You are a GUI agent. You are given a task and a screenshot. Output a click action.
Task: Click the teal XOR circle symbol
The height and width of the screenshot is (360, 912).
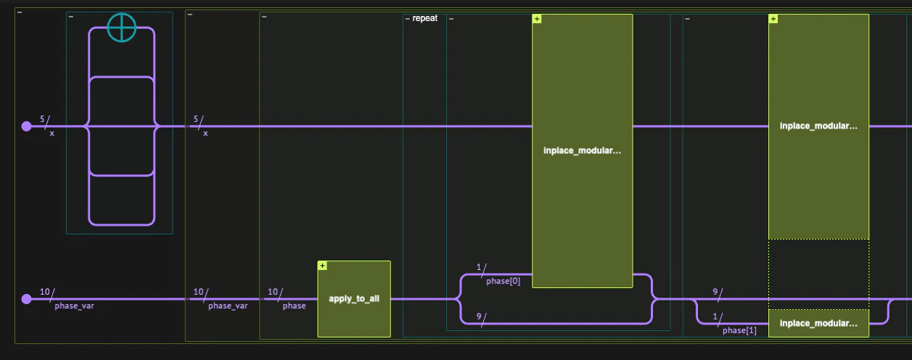tap(122, 28)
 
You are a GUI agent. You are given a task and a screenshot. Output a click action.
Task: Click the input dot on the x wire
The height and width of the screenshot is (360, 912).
tap(27, 126)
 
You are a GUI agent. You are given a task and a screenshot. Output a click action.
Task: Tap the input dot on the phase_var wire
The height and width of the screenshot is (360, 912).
tap(27, 299)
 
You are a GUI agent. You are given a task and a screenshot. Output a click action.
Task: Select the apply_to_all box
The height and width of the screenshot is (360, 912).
tap(354, 299)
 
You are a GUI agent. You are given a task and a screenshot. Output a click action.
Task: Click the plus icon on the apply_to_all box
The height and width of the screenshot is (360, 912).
tap(322, 266)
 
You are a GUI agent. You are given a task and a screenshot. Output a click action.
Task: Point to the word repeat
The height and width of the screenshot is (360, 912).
tap(425, 18)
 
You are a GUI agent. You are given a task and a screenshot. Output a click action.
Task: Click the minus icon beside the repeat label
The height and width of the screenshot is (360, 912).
tap(407, 18)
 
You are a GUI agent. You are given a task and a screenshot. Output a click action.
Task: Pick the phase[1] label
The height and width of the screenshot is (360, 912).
tap(739, 331)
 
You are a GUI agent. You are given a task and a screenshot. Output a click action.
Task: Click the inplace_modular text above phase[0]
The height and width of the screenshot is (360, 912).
tap(582, 151)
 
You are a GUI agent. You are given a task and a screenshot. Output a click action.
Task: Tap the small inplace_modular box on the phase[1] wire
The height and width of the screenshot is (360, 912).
tap(818, 323)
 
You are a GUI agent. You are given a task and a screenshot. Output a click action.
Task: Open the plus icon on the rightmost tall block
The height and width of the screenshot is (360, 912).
tap(773, 19)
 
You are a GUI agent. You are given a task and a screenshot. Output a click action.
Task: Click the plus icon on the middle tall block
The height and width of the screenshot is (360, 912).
tap(536, 19)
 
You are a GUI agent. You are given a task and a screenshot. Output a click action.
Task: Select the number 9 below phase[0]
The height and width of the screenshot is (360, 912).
tap(480, 316)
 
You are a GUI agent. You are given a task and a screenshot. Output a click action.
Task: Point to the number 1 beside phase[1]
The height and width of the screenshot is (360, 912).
tap(715, 316)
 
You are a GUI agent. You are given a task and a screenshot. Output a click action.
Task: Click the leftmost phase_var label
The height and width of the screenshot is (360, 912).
tap(74, 306)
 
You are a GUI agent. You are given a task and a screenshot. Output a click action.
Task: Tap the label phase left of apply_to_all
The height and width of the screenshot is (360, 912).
tap(294, 306)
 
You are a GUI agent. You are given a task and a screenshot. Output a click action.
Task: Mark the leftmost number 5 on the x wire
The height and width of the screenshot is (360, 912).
tap(42, 118)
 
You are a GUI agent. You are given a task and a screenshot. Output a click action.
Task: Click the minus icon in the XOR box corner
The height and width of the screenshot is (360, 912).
tap(70, 16)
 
